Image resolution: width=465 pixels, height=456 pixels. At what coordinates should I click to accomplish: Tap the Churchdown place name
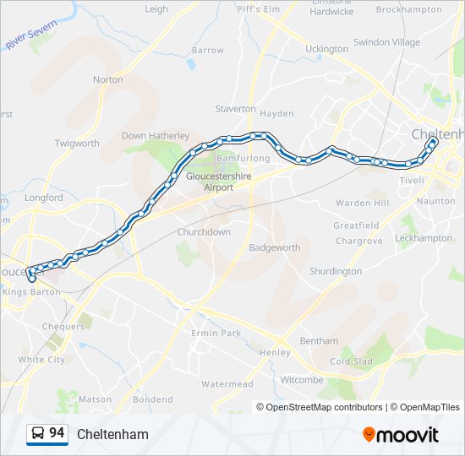tap(204, 231)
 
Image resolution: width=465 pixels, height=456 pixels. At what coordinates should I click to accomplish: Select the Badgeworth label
tap(274, 247)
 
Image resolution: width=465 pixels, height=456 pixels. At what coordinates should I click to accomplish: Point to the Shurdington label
tap(336, 271)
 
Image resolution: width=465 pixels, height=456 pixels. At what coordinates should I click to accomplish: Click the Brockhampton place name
tap(408, 9)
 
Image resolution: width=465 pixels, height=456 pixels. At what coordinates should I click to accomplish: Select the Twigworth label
tap(77, 144)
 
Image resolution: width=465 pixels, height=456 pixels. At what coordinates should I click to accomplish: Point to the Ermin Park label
tap(216, 333)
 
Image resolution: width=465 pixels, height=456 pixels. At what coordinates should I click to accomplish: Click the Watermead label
tap(227, 384)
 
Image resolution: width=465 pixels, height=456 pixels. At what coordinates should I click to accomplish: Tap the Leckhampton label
tap(424, 238)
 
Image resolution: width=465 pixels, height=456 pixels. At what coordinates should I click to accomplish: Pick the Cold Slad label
tap(351, 361)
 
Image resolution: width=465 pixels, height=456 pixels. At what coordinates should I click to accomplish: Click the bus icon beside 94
tap(38, 434)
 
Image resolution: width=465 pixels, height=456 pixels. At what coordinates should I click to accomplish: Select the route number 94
tap(57, 433)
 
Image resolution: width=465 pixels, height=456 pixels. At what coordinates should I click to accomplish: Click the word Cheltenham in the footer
tap(112, 434)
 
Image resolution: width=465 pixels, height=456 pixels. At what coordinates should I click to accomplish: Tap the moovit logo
tap(401, 434)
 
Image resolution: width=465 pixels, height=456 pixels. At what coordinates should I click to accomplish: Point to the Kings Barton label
tap(31, 291)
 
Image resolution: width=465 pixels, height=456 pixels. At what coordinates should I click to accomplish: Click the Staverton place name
tap(235, 109)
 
